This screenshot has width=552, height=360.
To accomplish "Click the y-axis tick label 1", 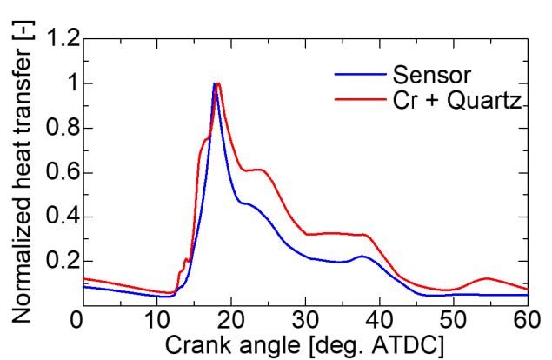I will click(x=63, y=84).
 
